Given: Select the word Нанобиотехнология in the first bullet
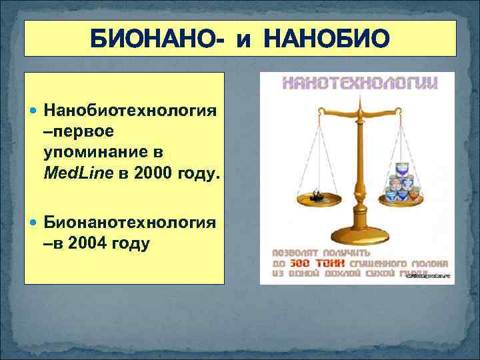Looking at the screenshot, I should pyautogui.click(x=130, y=109).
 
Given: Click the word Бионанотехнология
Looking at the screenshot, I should pyautogui.click(x=130, y=222).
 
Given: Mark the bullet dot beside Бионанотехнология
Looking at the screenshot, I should pyautogui.click(x=35, y=223).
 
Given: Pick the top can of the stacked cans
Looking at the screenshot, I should pyautogui.click(x=401, y=166).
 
